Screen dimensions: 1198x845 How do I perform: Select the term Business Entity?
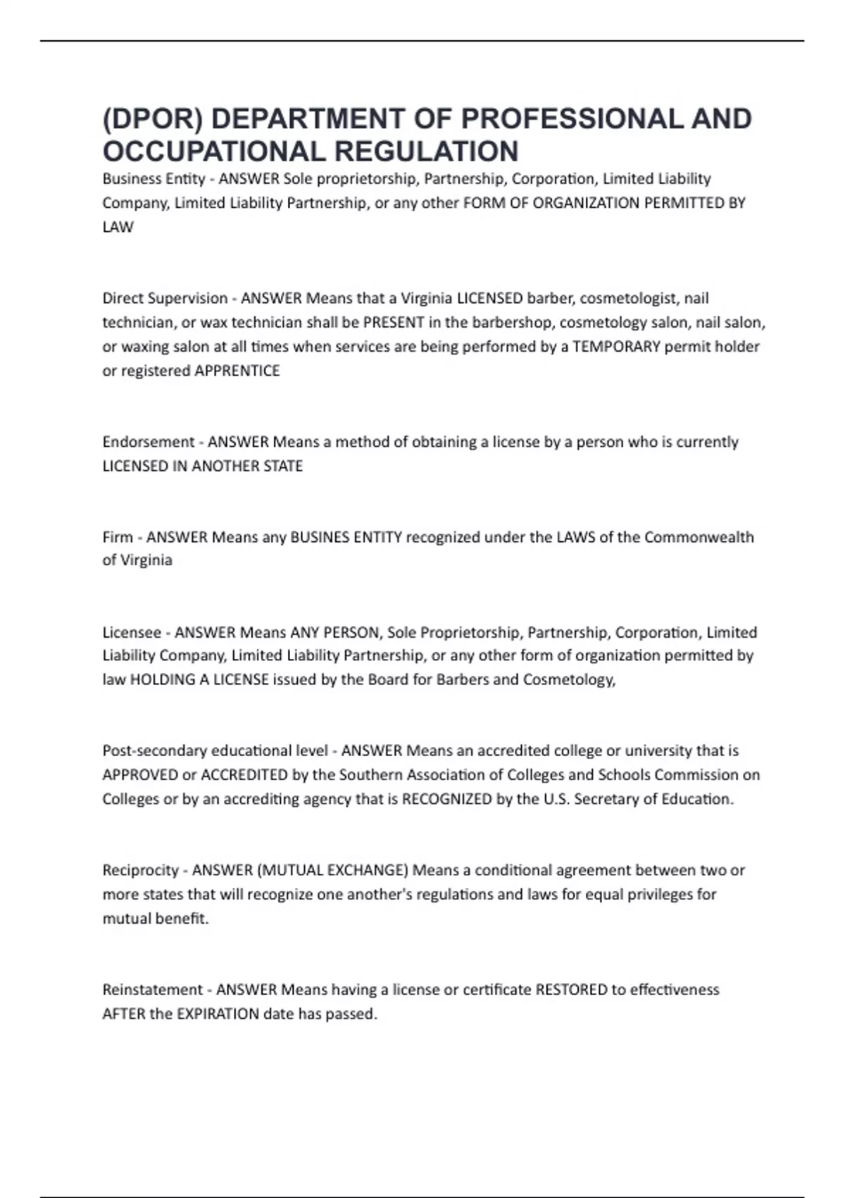154,179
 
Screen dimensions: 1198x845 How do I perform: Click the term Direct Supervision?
165,298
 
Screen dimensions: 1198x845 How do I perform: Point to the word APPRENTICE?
237,371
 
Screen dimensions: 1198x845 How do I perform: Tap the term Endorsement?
149,442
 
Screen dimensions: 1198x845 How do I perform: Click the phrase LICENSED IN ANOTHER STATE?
203,466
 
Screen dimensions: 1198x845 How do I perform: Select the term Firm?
118,537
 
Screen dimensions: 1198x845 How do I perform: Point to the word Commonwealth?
699,537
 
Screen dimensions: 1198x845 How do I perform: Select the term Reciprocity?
140,870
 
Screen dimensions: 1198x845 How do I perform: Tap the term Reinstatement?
153,989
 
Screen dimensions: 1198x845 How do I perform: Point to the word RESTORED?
571,989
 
